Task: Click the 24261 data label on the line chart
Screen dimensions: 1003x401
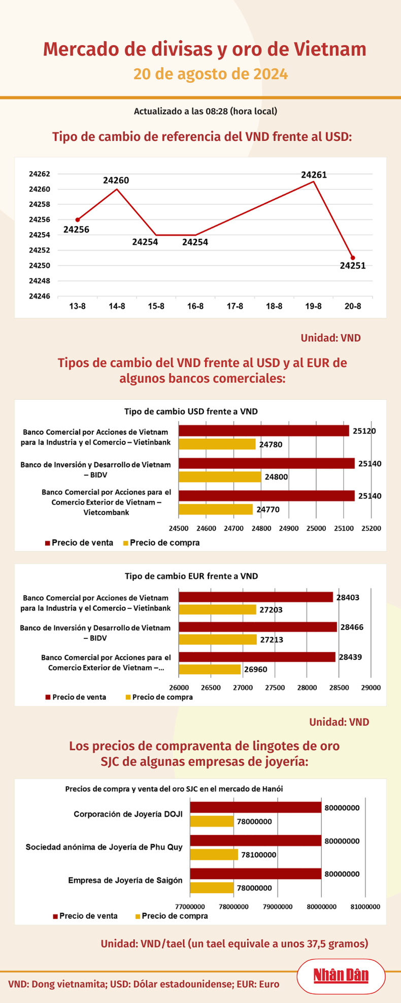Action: [x=314, y=175]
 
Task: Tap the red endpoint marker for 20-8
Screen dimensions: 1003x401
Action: [x=353, y=258]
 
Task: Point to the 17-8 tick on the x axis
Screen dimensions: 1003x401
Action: [x=235, y=306]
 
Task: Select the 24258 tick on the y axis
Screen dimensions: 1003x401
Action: [x=40, y=205]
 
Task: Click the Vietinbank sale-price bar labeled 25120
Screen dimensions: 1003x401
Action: [x=263, y=431]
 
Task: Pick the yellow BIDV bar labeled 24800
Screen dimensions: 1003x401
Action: [x=220, y=476]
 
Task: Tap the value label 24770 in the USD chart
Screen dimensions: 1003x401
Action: [x=268, y=509]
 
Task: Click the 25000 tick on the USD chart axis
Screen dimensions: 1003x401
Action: [x=316, y=528]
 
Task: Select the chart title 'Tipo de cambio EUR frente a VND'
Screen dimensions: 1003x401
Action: [x=191, y=576]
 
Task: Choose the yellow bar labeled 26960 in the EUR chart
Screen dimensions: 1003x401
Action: [x=210, y=669]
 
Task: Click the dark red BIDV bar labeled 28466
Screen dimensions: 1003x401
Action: [x=258, y=627]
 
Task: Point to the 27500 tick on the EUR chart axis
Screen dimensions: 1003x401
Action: [x=275, y=688]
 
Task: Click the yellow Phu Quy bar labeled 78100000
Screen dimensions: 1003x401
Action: [x=214, y=855]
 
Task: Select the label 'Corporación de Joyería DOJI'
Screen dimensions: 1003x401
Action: [x=128, y=814]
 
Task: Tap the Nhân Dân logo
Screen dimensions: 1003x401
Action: [x=341, y=976]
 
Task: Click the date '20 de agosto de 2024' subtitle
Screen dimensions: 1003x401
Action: [x=211, y=74]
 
